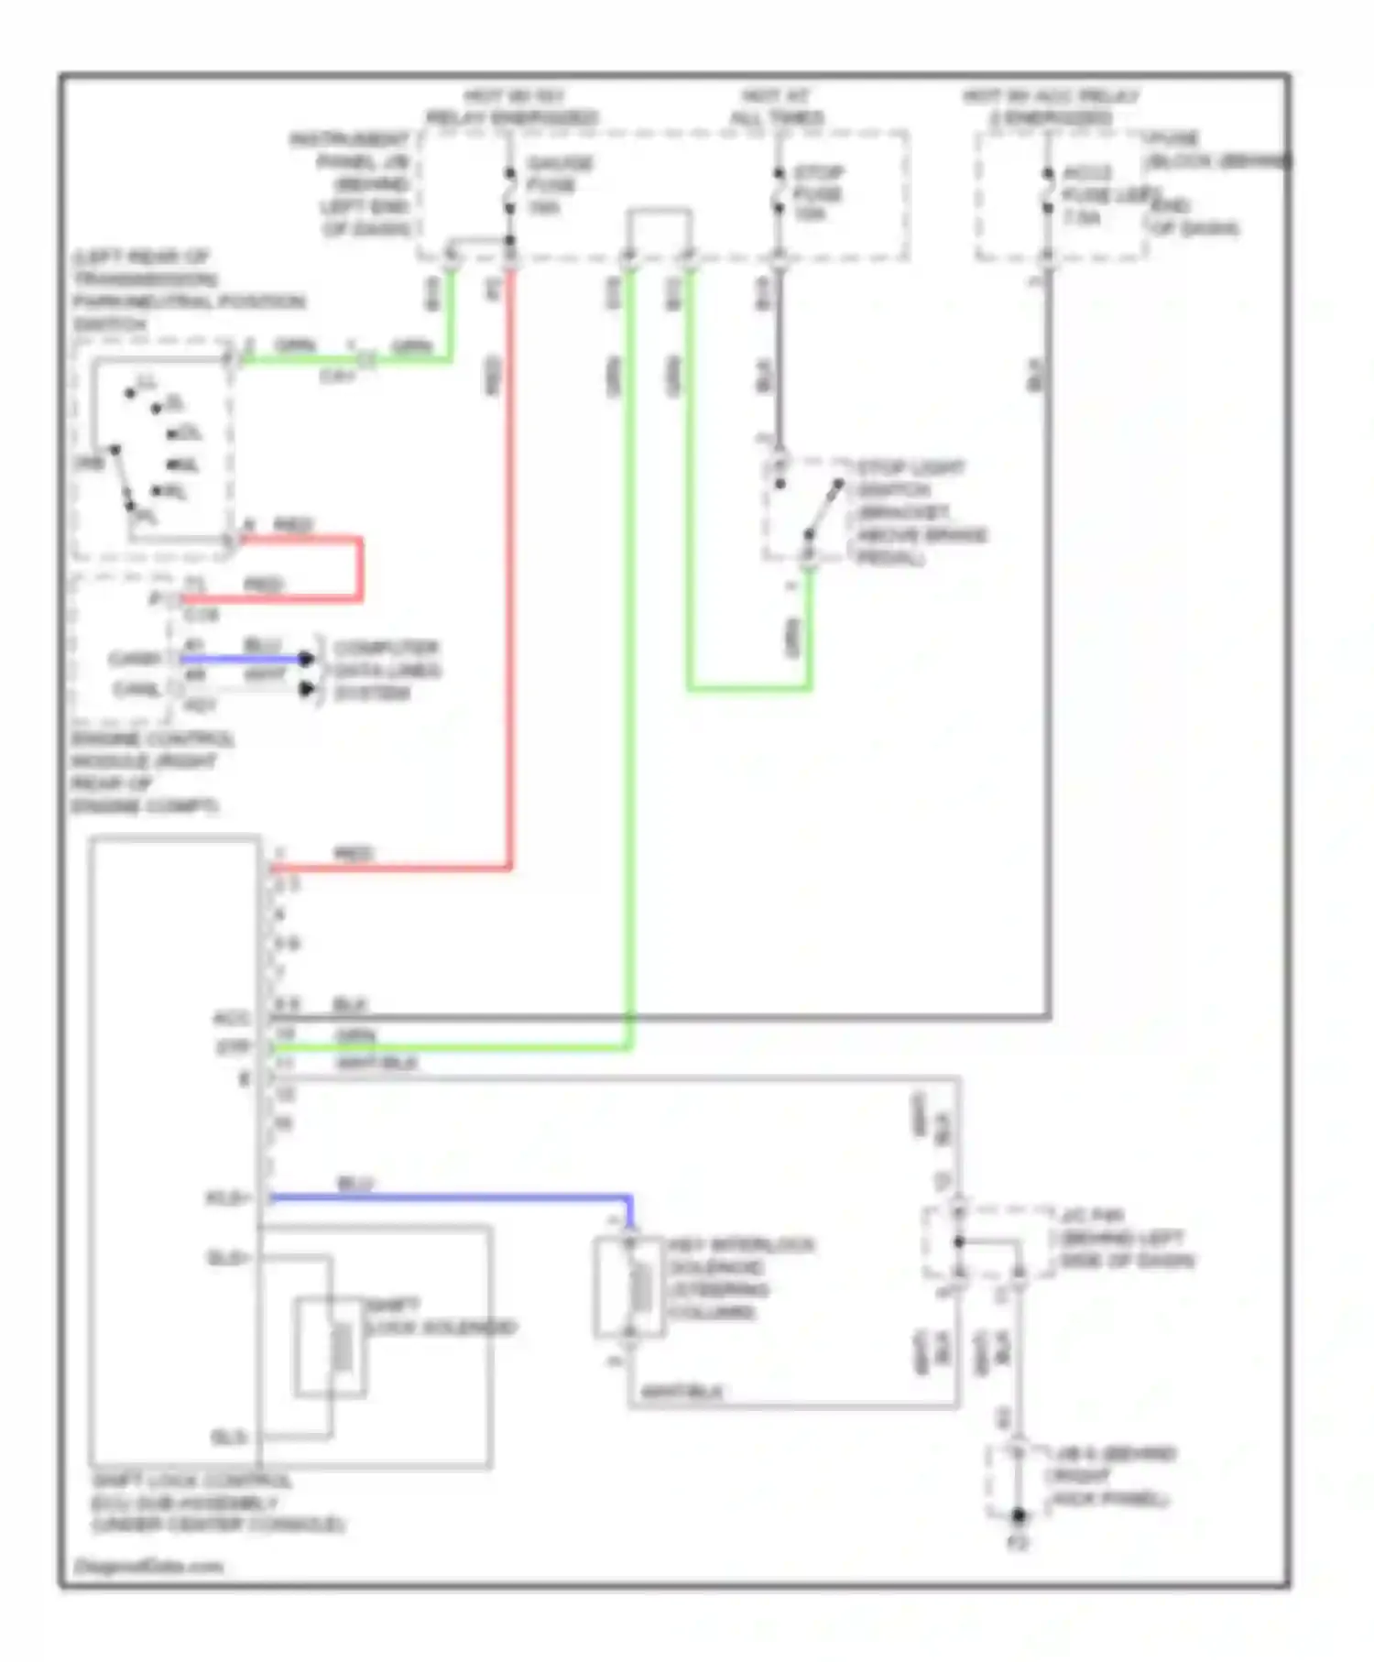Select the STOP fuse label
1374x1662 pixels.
pyautogui.click(x=817, y=193)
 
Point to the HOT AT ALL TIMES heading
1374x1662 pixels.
pyautogui.click(x=776, y=107)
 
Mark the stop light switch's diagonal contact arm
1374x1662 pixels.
pyautogui.click(x=823, y=508)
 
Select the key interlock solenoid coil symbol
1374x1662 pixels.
pyautogui.click(x=640, y=1285)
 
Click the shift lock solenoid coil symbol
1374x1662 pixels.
pyautogui.click(x=342, y=1347)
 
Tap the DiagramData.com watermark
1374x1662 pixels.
pyautogui.click(x=147, y=1566)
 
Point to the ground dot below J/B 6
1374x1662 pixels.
pyautogui.click(x=1018, y=1516)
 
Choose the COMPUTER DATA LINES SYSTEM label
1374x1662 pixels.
pyautogui.click(x=386, y=670)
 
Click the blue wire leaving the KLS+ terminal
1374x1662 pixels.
pyautogui.click(x=449, y=1197)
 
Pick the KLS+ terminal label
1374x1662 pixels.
pyautogui.click(x=227, y=1197)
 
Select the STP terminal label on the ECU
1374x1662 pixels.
pyautogui.click(x=233, y=1045)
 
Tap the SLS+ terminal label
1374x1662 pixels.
pyautogui.click(x=228, y=1258)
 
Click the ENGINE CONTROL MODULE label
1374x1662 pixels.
pyautogui.click(x=150, y=771)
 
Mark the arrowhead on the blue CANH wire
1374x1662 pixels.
pyautogui.click(x=307, y=659)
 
